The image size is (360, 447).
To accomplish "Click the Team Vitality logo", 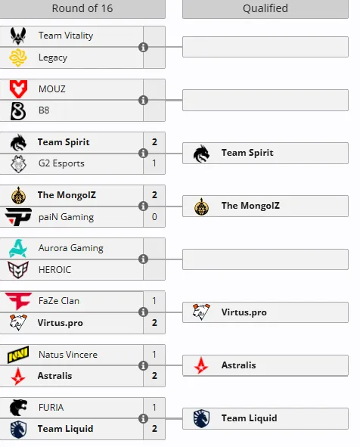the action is tap(18, 36).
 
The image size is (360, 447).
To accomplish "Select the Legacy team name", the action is tap(53, 57).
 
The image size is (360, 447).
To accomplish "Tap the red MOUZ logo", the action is tap(18, 89).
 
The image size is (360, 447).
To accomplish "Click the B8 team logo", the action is tap(18, 111).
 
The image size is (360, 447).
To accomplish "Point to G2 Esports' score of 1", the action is tap(154, 163).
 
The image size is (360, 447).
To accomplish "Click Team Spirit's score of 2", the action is tap(154, 142).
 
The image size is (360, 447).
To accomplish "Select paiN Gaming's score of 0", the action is tap(154, 217).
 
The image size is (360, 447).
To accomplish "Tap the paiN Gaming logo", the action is tap(18, 216).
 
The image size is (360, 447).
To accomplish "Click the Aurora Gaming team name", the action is tap(70, 248).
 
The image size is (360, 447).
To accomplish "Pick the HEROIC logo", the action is tap(18, 269).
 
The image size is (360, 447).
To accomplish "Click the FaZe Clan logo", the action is tap(18, 301).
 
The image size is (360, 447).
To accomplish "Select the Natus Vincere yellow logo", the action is tap(18, 355).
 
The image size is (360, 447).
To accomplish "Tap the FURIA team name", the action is tap(51, 408).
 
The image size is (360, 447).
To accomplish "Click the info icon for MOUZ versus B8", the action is tap(143, 100).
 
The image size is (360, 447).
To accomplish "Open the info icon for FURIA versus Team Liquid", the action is tap(143, 418).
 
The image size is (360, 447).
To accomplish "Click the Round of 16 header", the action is tap(82, 8).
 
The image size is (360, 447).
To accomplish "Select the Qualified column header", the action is tap(265, 8).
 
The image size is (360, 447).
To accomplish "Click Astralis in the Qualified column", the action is tap(238, 365).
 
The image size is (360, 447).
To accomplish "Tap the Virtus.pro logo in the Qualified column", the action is tap(201, 312).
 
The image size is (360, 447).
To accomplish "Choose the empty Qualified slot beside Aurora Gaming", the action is tap(265, 259).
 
